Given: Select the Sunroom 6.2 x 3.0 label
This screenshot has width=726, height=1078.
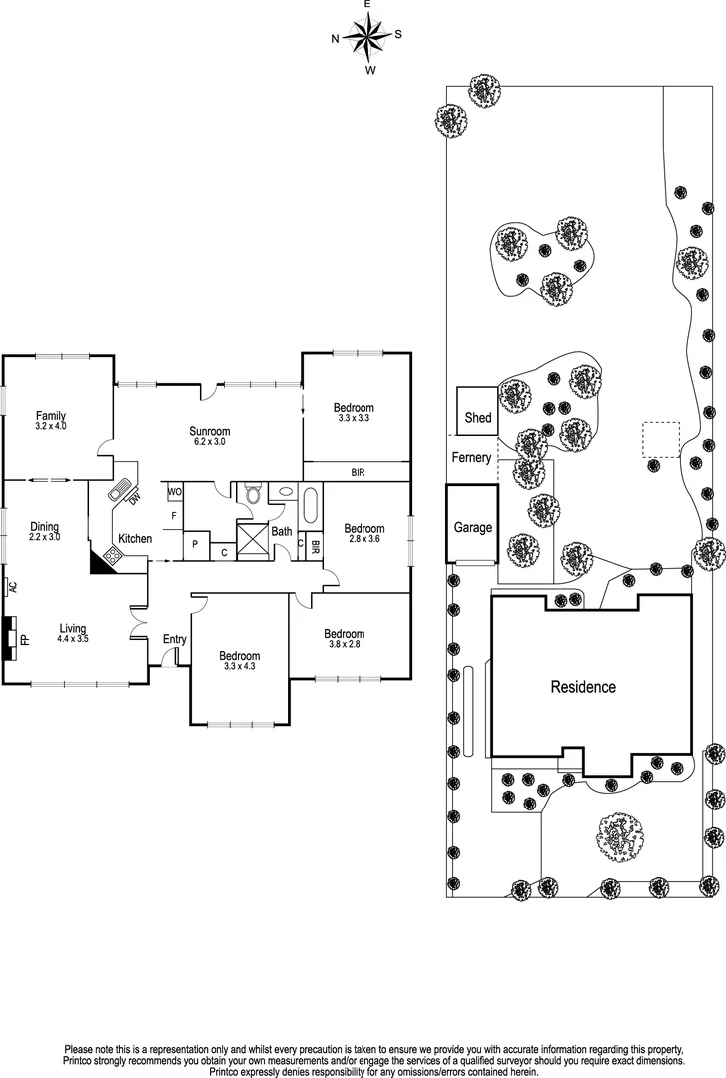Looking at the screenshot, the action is (209, 436).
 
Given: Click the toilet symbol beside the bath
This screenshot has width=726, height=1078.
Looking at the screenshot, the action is (253, 493).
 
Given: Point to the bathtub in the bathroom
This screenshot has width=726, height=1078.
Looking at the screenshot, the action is (311, 507).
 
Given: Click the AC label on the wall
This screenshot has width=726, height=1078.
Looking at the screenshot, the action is (12, 587).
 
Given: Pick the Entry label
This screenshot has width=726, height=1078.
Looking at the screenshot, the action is (175, 640).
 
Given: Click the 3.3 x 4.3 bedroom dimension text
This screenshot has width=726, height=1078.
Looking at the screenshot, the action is (239, 666).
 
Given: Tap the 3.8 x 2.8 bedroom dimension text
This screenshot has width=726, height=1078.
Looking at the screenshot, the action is (345, 644).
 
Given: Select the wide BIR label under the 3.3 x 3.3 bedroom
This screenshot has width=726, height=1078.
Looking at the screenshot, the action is (358, 473).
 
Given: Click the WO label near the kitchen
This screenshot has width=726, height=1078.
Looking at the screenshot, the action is (175, 492).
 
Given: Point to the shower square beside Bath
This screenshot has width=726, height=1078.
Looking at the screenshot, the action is (252, 540).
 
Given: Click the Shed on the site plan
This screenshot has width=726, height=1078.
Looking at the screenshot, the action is (478, 411).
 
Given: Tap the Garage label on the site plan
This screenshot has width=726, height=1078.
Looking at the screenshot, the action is (473, 527).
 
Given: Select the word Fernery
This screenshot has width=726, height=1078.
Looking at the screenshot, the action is (472, 457).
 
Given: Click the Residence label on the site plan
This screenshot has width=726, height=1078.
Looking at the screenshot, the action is (583, 686).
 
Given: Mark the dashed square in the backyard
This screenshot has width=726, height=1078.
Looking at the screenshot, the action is (661, 440).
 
